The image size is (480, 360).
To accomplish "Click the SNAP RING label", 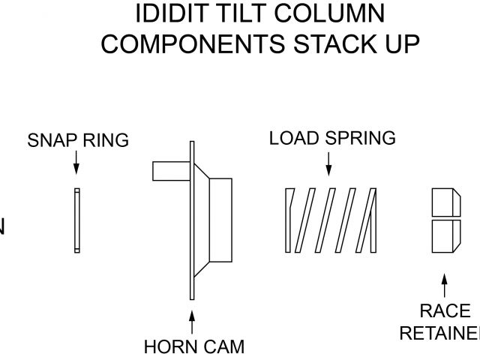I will tap(78, 140).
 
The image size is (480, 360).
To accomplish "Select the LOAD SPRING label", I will tap(332, 138).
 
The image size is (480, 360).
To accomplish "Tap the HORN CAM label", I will tap(193, 347).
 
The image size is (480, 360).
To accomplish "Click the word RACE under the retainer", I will tap(445, 311).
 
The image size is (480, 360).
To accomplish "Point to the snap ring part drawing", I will tap(76, 220).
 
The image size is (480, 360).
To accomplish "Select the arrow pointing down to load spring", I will tap(328, 163).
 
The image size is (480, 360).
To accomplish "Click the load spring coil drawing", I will tap(330, 220).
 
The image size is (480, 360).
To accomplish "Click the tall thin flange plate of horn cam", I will tap(193, 221).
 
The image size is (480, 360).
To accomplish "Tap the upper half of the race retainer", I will tap(445, 201).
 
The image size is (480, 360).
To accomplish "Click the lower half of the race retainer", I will tap(445, 235).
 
